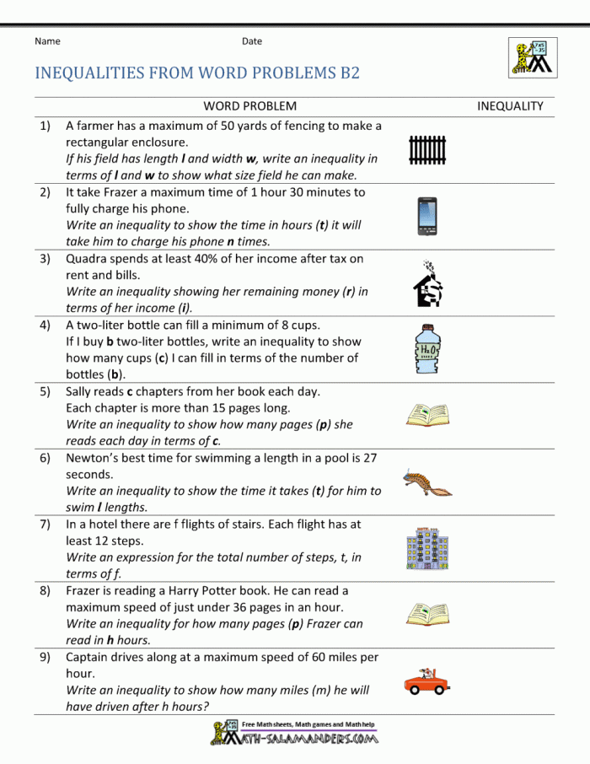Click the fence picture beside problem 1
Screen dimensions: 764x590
pos(427,150)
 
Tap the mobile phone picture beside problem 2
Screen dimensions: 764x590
pos(427,217)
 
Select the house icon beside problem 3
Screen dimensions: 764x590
pos(427,284)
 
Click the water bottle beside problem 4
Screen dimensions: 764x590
pos(427,351)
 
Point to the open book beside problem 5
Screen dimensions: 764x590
pos(427,415)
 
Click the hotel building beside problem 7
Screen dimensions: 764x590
pos(427,549)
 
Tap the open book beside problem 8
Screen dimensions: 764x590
pos(427,614)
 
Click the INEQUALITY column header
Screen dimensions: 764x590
pos(510,106)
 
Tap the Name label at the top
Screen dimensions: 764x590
pos(47,40)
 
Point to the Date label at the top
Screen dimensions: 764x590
pos(252,40)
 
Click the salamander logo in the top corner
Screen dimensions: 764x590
pos(532,56)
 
